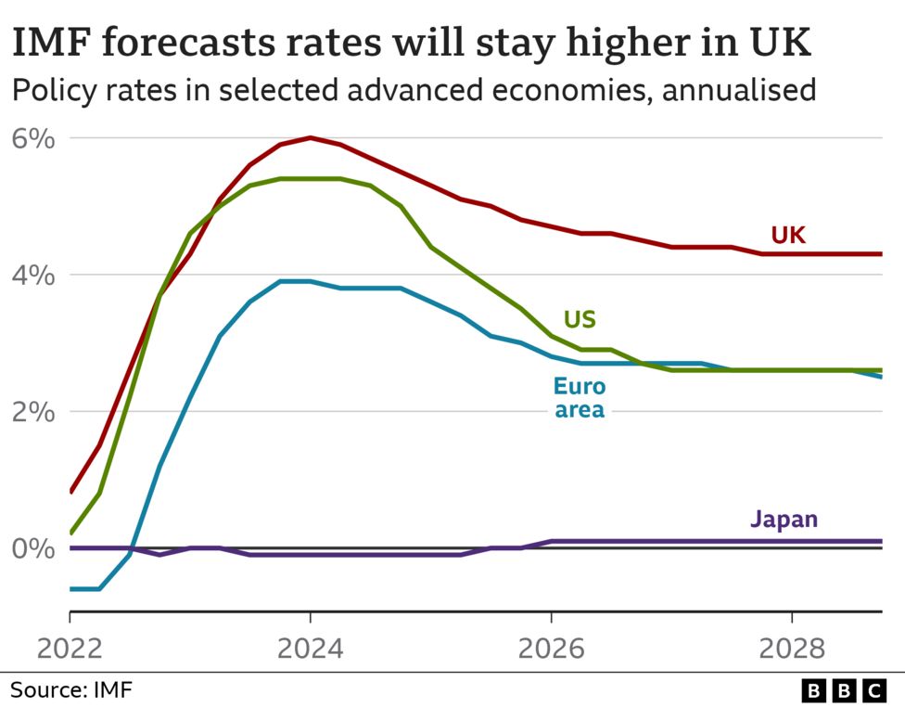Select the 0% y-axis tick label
pyautogui.click(x=33, y=548)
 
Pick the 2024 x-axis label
pyautogui.click(x=311, y=647)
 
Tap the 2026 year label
pyautogui.click(x=551, y=647)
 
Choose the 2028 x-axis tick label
pyautogui.click(x=792, y=647)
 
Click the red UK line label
pyautogui.click(x=788, y=236)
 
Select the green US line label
pyautogui.click(x=580, y=320)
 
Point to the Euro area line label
pyautogui.click(x=580, y=397)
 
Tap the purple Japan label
pyautogui.click(x=784, y=519)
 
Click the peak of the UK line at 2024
pyautogui.click(x=311, y=137)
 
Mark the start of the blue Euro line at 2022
pyautogui.click(x=70, y=588)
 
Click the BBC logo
pyautogui.click(x=843, y=690)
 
